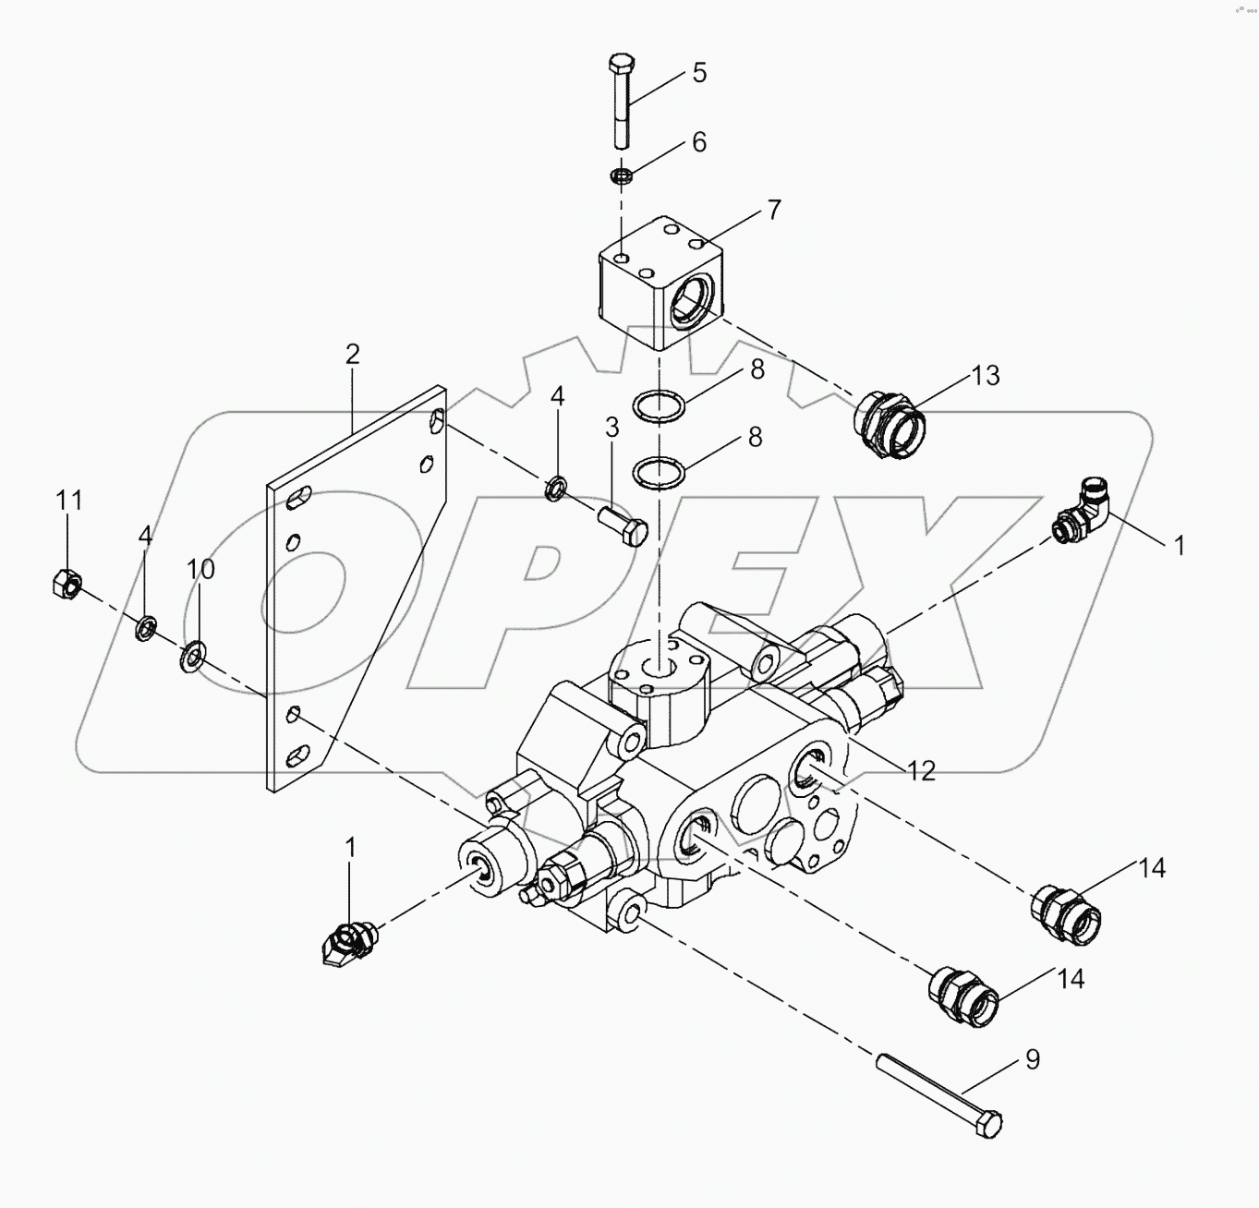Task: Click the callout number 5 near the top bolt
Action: (x=699, y=73)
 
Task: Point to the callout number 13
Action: (x=986, y=376)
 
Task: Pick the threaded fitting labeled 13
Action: (x=888, y=424)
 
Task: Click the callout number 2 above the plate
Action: (x=352, y=354)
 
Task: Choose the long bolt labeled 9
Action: (x=938, y=1098)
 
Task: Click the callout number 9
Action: (x=1032, y=1060)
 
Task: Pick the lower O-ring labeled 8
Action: (x=658, y=473)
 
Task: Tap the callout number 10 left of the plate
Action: (x=200, y=569)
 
